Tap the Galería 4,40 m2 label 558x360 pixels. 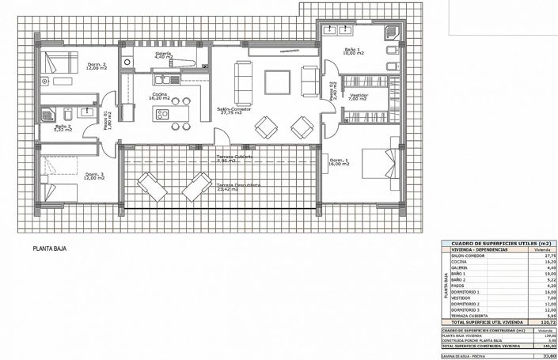pyautogui.click(x=164, y=55)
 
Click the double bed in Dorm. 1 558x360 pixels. pyautogui.click(x=378, y=165)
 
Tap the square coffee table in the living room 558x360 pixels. pyautogui.click(x=278, y=82)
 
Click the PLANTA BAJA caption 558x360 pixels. pyautogui.click(x=49, y=248)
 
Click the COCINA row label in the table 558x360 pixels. pyautogui.click(x=462, y=263)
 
